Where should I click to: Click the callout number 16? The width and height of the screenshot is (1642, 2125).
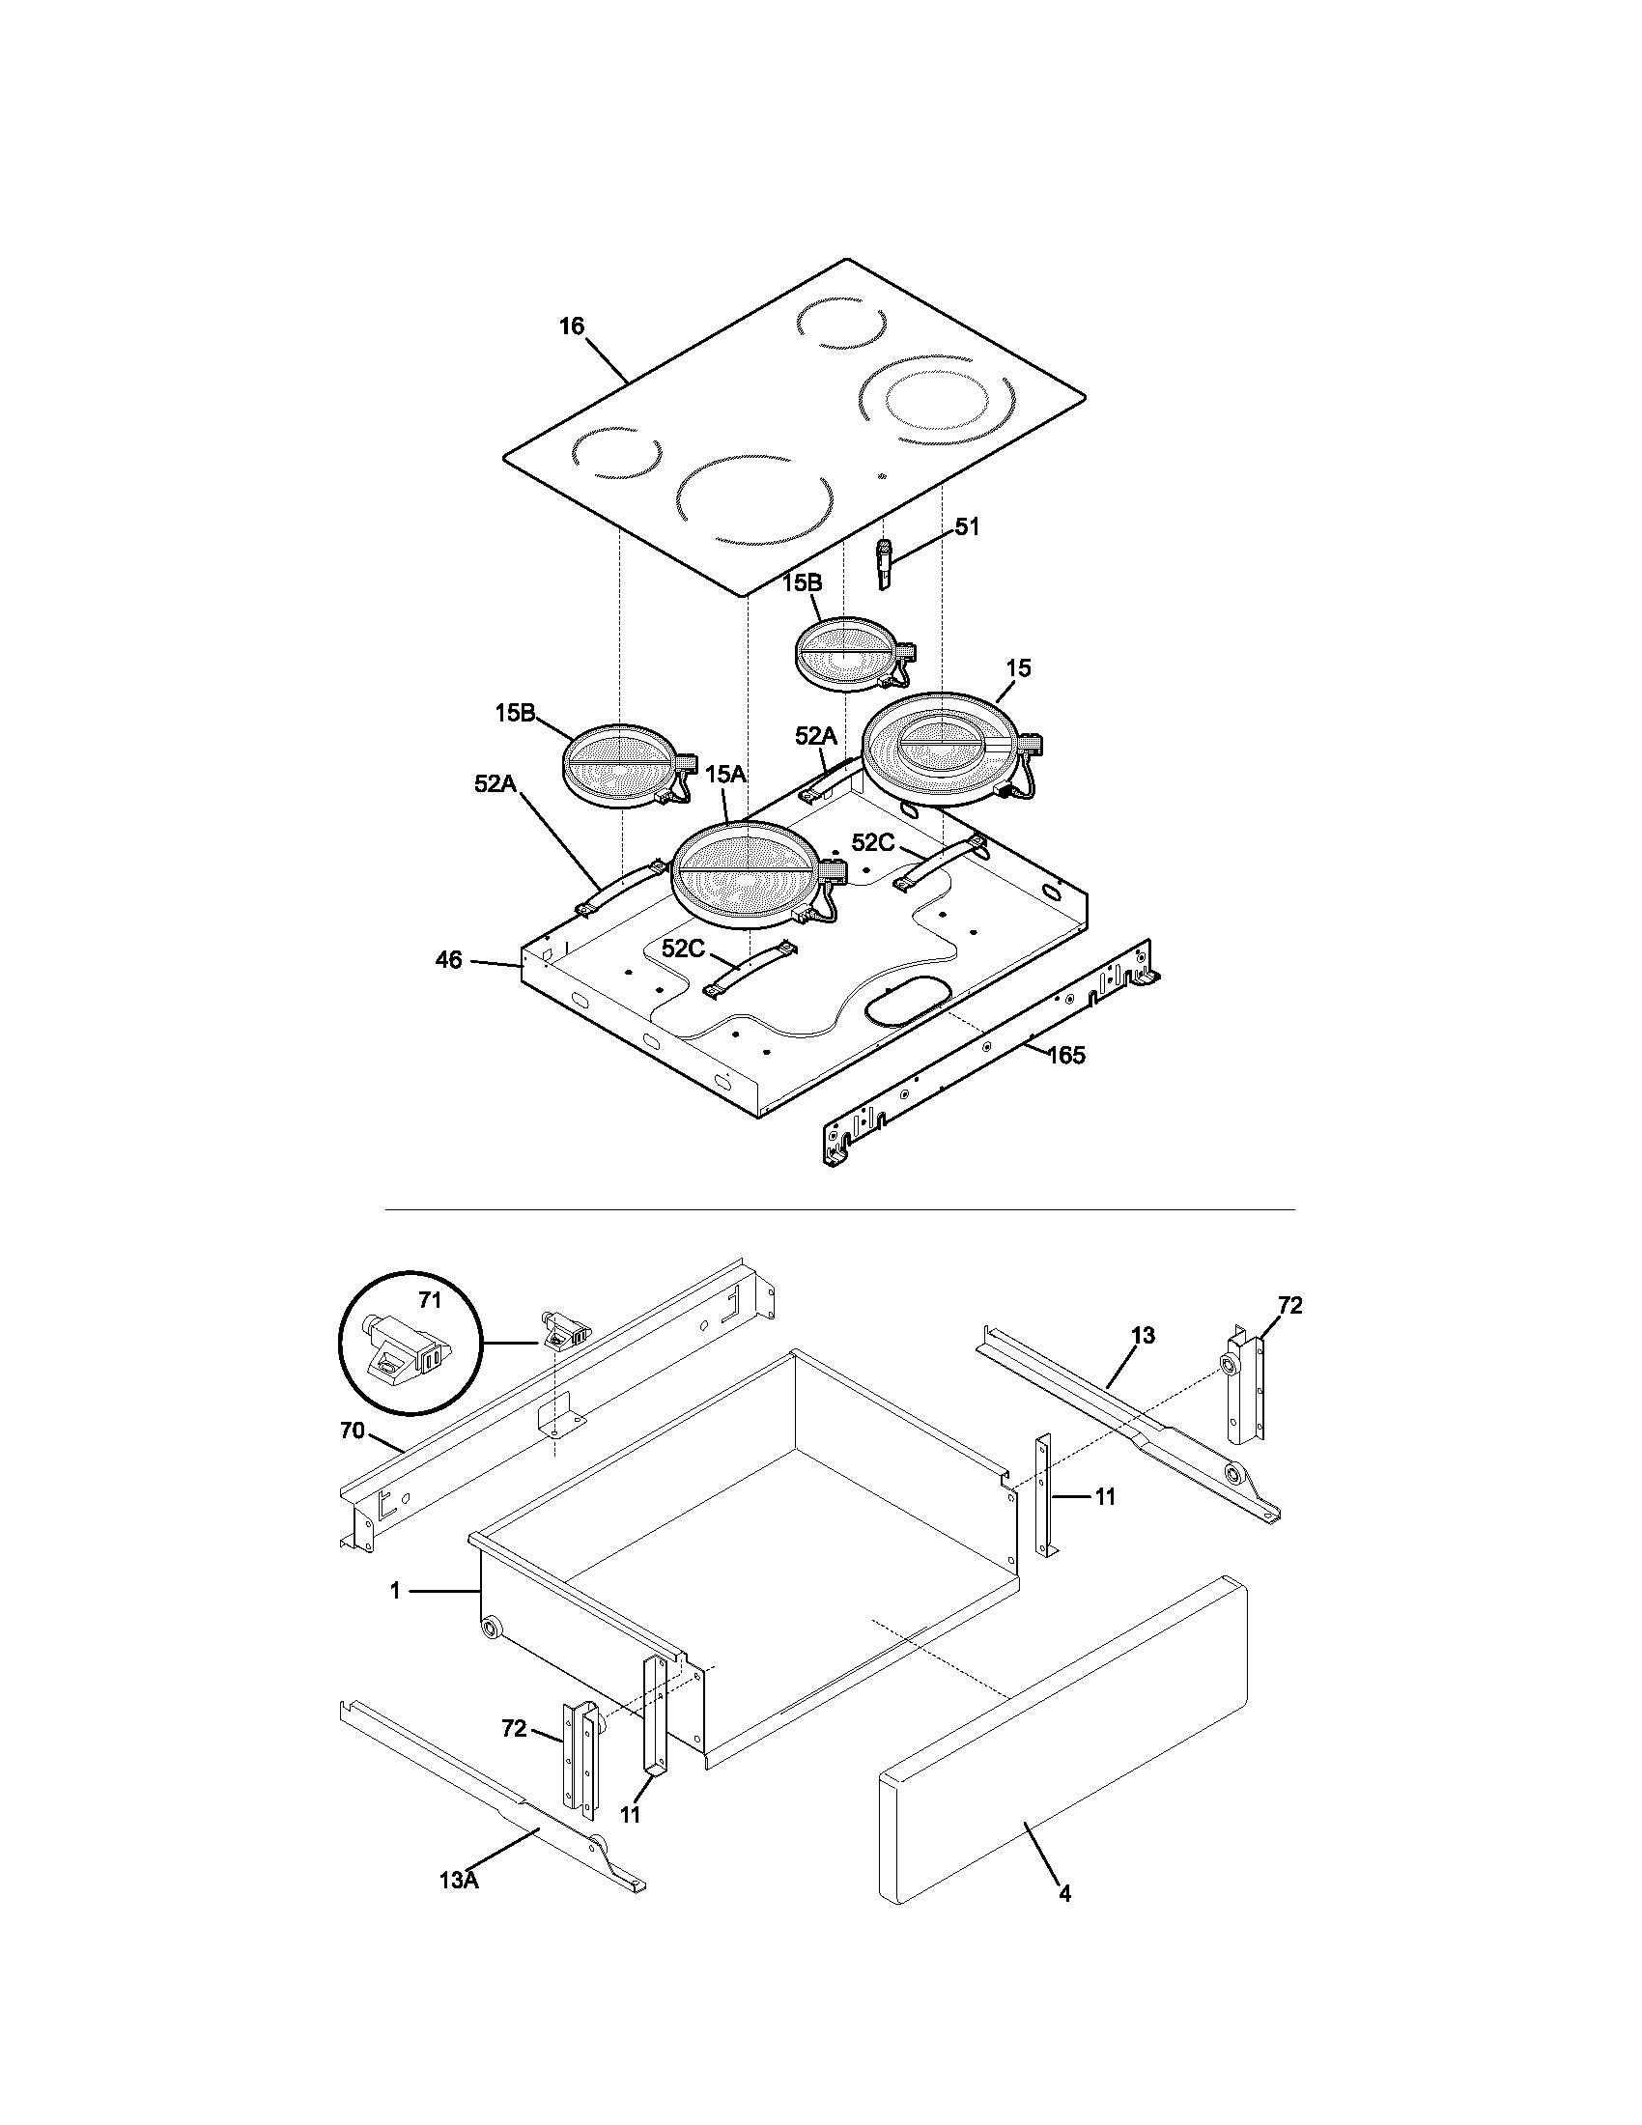coord(571,326)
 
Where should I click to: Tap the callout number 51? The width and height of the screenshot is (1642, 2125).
coord(967,526)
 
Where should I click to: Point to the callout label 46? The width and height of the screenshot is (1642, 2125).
coord(448,960)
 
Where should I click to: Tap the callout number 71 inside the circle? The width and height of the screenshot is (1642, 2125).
coord(430,1300)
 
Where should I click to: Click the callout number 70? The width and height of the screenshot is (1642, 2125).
coord(353,1431)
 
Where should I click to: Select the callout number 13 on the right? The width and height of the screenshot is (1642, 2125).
coord(1143,1336)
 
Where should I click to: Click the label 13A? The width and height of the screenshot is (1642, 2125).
coord(458,1880)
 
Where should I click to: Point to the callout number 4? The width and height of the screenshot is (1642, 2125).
coord(1064,1893)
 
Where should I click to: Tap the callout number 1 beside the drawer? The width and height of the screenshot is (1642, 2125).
coord(394,1591)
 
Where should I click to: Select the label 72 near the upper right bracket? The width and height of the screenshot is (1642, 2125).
coord(1289,1306)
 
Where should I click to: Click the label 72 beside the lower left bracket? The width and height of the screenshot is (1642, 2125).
coord(514,1729)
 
